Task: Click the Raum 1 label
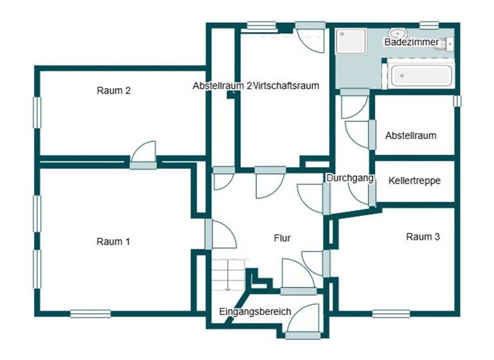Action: (113, 242)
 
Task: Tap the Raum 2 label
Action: (114, 91)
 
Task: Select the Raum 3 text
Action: (423, 237)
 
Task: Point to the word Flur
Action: (282, 238)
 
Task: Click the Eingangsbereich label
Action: (255, 312)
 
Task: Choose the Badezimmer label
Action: (411, 42)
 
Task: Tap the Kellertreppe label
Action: (414, 181)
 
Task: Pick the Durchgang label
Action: (350, 178)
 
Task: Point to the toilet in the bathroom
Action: (447, 44)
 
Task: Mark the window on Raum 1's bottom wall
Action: (90, 314)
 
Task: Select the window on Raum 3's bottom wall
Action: (390, 314)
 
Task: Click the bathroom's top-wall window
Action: (428, 25)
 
